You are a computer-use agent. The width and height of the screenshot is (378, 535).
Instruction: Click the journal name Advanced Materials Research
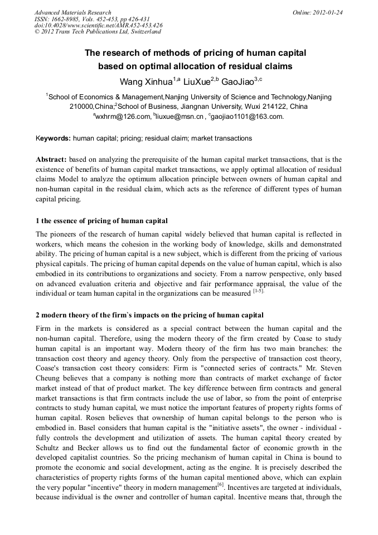[x=72, y=12]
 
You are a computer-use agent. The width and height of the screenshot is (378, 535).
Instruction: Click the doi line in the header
[x=98, y=25]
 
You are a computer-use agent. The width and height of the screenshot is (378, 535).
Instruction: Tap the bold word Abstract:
[x=51, y=160]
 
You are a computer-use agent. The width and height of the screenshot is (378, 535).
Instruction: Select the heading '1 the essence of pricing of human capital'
[x=101, y=221]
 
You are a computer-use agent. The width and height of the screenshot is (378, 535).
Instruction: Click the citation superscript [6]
[x=220, y=486]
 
